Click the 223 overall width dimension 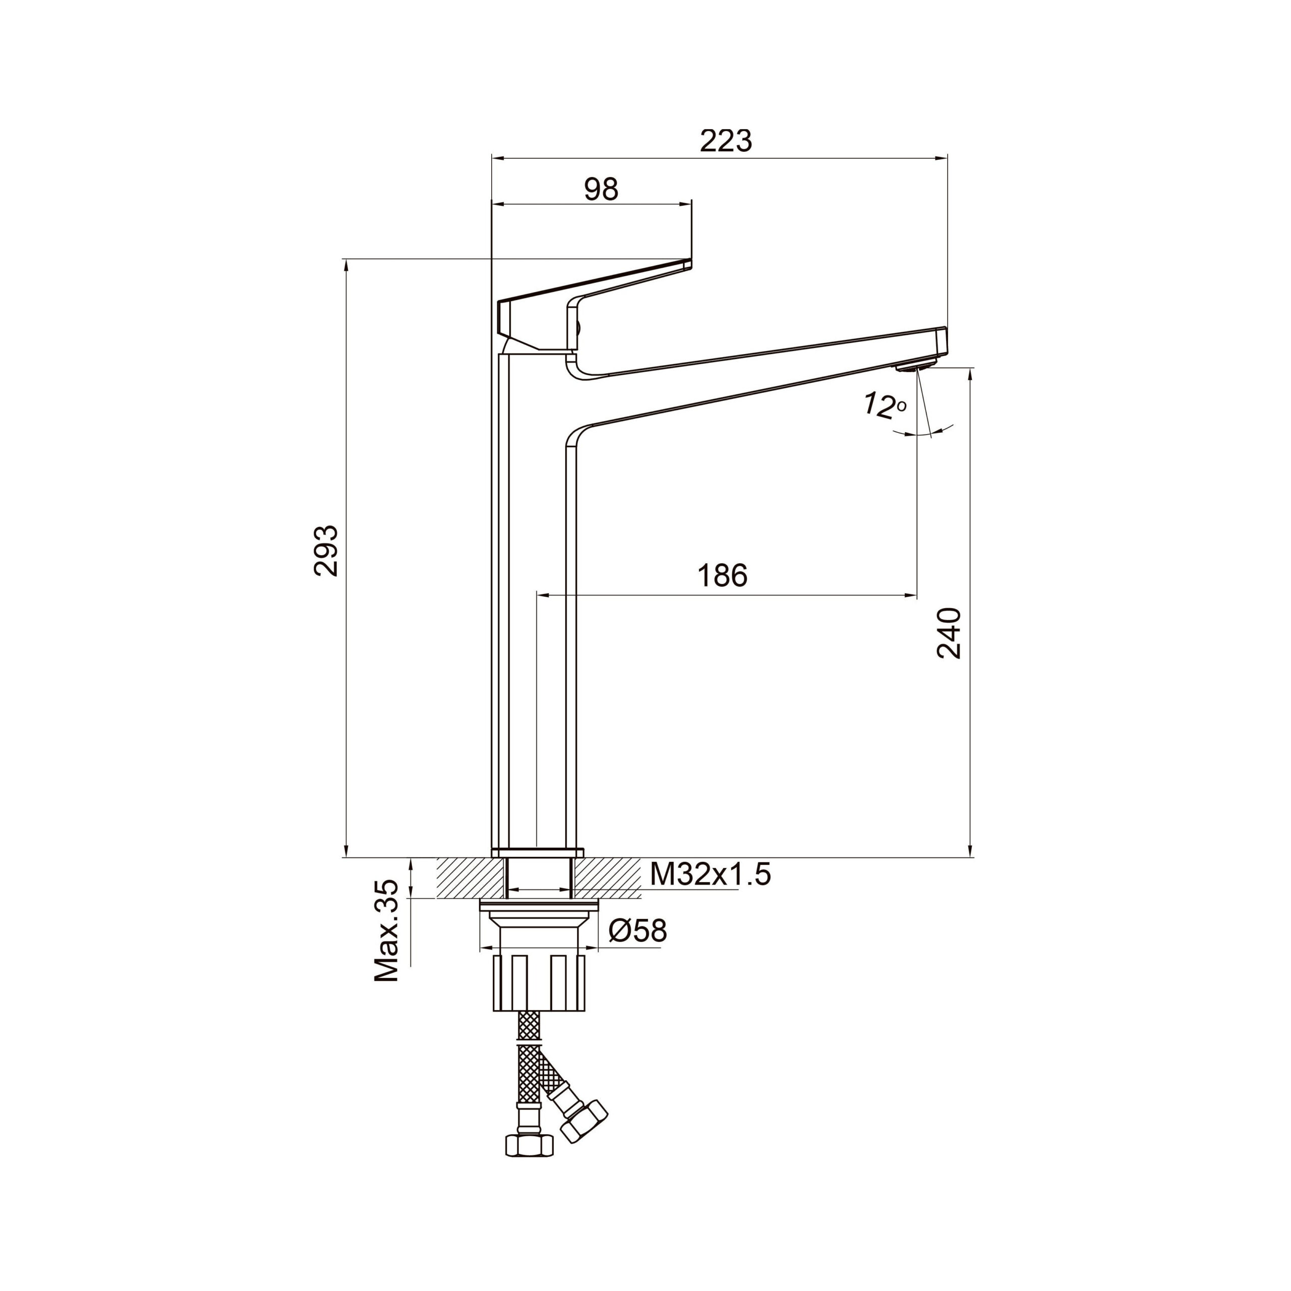point(726,141)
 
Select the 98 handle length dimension point(602,190)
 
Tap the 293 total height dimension point(327,551)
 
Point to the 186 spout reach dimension point(722,575)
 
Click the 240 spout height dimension point(949,633)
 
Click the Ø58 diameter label point(637,931)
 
